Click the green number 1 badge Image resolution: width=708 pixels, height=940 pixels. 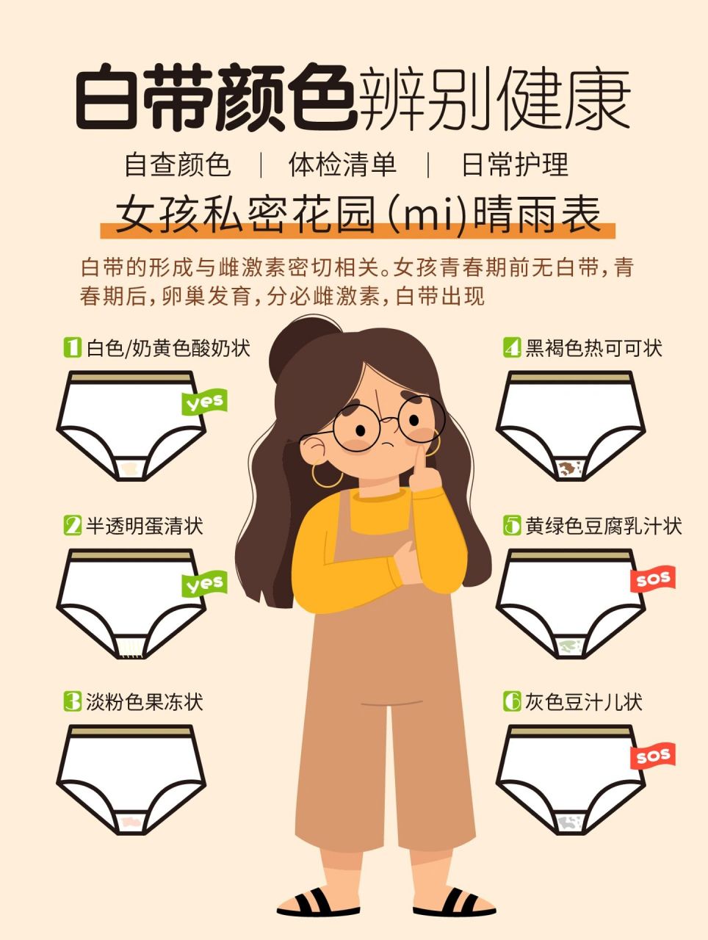pos(72,347)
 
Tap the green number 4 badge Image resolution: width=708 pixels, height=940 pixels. pos(511,347)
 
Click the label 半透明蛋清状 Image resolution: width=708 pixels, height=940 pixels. pos(144,526)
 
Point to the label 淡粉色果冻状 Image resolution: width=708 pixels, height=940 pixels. pos(144,701)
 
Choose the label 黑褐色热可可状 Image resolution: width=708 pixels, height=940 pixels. pos(593,347)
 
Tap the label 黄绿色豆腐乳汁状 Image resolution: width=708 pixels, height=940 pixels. pos(603,526)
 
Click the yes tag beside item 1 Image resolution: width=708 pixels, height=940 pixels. pos(204,402)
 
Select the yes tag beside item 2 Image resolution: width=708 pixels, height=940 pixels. pos(204,585)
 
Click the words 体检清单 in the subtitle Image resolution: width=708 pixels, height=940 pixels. pos(342,164)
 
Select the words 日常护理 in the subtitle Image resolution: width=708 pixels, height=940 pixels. pos(515,164)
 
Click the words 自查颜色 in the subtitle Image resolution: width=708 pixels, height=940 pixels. pos(178,164)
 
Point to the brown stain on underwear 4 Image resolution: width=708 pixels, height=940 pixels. pos(567,468)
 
